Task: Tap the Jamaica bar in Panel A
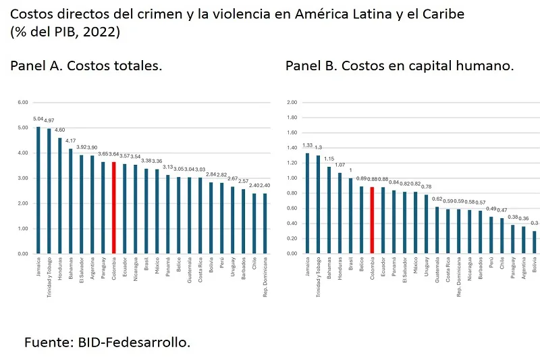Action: (x=38, y=190)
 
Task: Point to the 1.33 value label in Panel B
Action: (x=307, y=145)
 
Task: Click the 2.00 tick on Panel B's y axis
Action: (x=292, y=103)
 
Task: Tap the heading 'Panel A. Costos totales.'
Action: (x=86, y=66)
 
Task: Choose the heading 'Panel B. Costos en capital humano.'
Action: (x=400, y=66)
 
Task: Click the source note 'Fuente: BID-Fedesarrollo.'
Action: (x=107, y=342)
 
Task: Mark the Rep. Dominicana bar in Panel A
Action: (x=265, y=224)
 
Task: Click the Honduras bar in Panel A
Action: (x=59, y=196)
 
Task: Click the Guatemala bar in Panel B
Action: (x=436, y=230)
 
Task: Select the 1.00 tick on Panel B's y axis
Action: (x=292, y=178)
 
